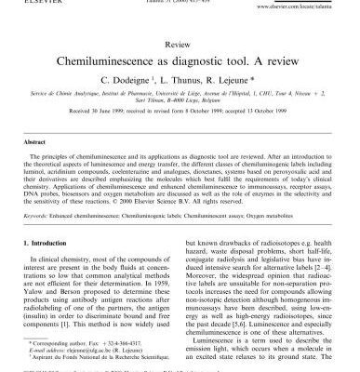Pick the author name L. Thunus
178,80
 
